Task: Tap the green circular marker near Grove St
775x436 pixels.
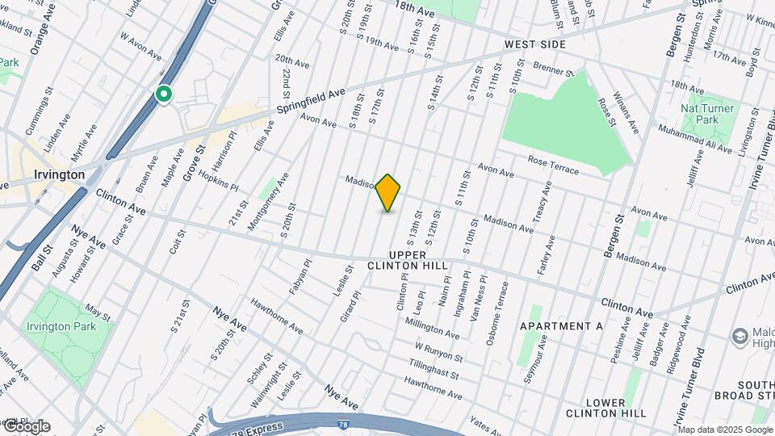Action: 164,95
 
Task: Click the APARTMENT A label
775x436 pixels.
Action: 562,325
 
